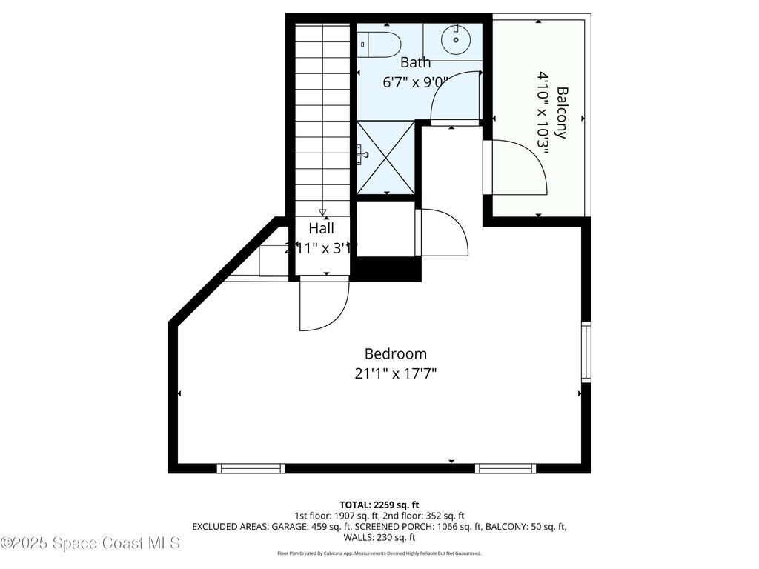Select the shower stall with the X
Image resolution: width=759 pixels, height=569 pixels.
coord(385,157)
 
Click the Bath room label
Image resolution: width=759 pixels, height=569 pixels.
coord(415,62)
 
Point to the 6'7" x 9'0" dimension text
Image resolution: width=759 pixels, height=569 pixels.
coord(415,82)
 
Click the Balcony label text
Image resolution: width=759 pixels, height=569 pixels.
coord(562,113)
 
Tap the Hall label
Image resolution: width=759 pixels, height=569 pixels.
coord(322,228)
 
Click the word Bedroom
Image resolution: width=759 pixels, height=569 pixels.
coord(395,354)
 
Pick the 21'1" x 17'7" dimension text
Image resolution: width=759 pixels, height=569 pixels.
coord(395,373)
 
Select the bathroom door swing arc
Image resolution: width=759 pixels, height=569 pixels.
coord(454,96)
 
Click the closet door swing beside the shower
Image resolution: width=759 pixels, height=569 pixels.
coord(443,232)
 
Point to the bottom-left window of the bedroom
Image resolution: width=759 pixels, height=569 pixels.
coord(251,468)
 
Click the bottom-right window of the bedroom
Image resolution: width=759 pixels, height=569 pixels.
coord(505,468)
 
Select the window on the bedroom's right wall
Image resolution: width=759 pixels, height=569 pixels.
coord(586,352)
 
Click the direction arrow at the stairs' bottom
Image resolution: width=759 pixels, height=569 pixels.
coord(322,213)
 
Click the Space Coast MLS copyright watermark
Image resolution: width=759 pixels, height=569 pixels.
coord(90,543)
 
